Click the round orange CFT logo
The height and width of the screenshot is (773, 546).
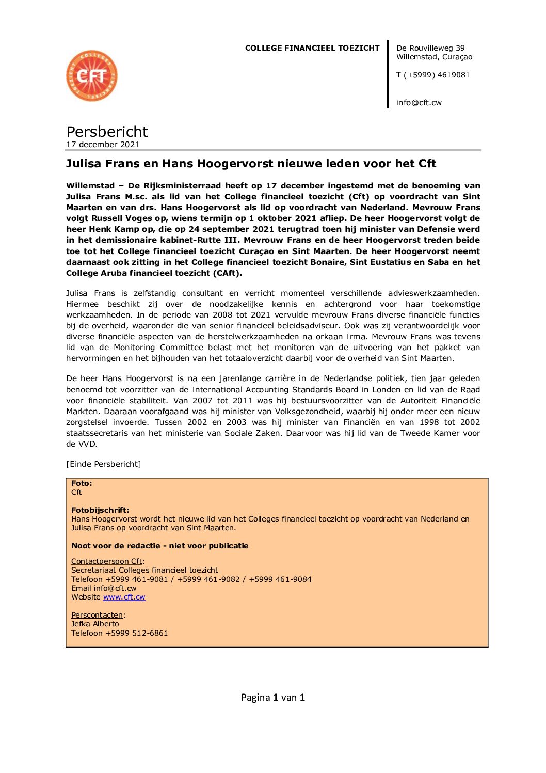point(92,76)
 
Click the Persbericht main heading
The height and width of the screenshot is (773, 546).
point(107,132)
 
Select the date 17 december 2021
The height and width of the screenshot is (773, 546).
point(103,145)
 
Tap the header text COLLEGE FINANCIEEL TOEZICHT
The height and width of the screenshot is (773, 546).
point(312,48)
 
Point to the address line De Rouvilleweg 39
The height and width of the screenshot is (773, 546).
point(430,48)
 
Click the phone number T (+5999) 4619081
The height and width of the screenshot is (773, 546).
point(433,75)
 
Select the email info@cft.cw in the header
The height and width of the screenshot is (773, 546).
point(419,103)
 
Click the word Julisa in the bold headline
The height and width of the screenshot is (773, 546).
point(84,164)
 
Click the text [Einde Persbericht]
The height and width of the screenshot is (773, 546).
point(103,464)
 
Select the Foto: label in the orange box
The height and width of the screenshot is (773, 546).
point(82,483)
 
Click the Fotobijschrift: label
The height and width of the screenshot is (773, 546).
point(100,510)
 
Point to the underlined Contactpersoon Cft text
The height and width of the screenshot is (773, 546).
point(107,561)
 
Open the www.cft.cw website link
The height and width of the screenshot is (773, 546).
point(124,597)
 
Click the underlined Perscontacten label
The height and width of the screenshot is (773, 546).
point(97,615)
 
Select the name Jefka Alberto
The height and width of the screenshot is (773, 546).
point(95,624)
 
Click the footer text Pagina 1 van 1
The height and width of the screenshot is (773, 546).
point(273,698)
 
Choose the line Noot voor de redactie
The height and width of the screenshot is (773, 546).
point(159,546)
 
